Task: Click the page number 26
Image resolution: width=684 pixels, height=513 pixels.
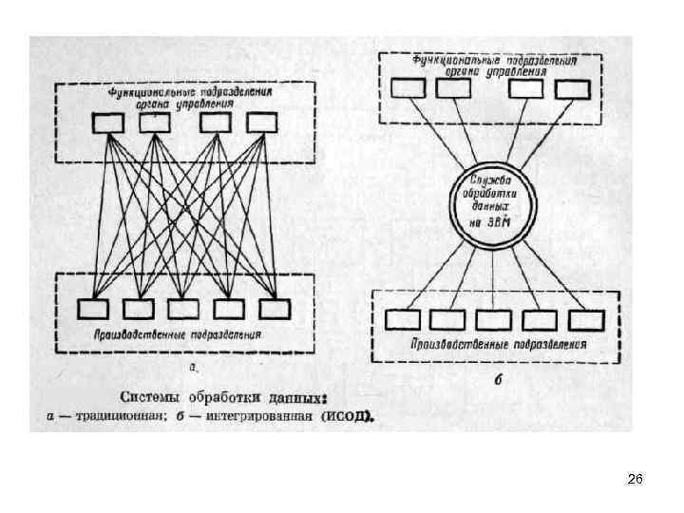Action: click(636, 480)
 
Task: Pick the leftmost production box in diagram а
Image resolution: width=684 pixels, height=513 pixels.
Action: click(93, 309)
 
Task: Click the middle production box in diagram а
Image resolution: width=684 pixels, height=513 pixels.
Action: click(184, 309)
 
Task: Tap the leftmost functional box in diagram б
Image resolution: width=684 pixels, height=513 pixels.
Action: click(409, 87)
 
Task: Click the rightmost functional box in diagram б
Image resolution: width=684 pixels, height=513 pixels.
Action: click(571, 87)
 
